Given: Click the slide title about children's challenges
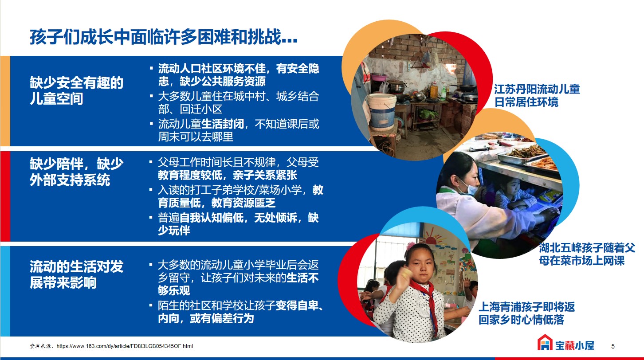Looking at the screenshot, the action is (x=164, y=37).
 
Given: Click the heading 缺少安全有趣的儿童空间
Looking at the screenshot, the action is (x=76, y=91).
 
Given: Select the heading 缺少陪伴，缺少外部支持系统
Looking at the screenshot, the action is (x=76, y=172).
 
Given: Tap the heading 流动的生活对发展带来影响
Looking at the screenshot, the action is (x=76, y=274).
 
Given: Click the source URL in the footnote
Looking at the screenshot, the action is (x=125, y=346).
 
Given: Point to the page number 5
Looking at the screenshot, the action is (x=613, y=346).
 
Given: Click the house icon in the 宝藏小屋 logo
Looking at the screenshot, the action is (x=545, y=342).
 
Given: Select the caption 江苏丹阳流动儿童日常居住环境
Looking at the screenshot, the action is (x=537, y=96).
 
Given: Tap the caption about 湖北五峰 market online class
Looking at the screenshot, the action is (x=587, y=254).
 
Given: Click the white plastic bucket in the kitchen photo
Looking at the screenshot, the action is (x=382, y=110).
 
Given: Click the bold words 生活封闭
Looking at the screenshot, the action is (x=223, y=124).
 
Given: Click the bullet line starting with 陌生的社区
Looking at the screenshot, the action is (x=240, y=312).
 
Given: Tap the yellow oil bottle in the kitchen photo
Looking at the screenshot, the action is (x=434, y=90).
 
